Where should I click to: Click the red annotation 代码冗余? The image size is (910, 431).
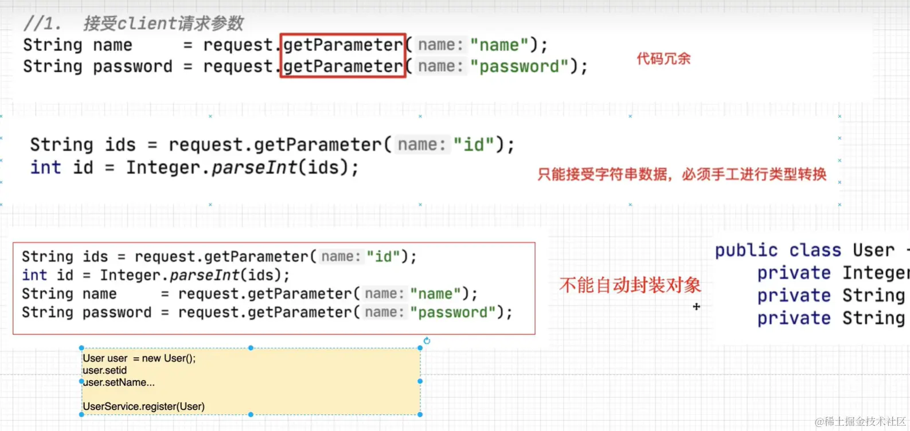pos(663,58)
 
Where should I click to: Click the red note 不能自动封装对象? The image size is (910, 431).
pos(630,285)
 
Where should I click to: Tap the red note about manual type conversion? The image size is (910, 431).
pos(682,174)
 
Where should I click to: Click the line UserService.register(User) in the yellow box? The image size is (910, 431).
pos(143,406)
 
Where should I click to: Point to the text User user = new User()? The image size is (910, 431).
pos(139,358)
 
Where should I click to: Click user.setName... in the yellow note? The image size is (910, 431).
pos(119,382)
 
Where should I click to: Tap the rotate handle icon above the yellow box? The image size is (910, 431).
pos(427,341)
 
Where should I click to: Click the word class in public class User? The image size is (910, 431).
pos(815,250)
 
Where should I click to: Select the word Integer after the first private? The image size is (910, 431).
pos(876,273)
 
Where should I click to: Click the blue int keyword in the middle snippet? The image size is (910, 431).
pos(45,167)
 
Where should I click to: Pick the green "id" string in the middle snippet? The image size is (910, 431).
pos(474,144)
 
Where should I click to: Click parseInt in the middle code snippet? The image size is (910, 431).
pos(255,167)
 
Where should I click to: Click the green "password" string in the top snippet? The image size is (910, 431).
pos(519,66)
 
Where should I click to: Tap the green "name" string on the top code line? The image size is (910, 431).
pos(499,45)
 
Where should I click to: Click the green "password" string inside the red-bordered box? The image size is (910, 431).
pos(452,312)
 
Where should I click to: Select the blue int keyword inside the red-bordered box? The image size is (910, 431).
pos(34,275)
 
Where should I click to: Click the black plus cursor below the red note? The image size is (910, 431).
pos(696,307)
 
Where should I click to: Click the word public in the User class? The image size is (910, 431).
pos(746,250)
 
